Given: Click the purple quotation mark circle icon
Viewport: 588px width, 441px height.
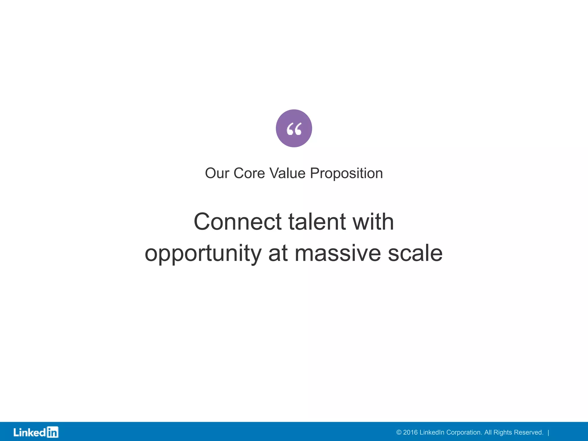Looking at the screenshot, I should click(x=294, y=128).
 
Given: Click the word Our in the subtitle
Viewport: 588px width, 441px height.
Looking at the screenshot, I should click(x=217, y=173).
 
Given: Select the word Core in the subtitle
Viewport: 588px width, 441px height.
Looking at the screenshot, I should click(x=249, y=173).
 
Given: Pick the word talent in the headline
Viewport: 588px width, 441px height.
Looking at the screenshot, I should click(x=317, y=222).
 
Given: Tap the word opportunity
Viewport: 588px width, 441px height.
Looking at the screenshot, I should click(x=203, y=254).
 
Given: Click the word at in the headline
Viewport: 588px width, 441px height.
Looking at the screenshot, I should click(x=278, y=254).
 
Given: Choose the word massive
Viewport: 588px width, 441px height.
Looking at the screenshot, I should click(x=338, y=254).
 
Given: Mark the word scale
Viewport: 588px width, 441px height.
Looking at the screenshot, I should click(x=415, y=254).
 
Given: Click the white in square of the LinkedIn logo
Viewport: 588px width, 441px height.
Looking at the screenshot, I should click(x=53, y=432).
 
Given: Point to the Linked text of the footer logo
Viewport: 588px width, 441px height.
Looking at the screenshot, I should click(x=30, y=432).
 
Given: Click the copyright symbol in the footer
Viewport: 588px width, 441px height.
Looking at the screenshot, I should click(x=399, y=432).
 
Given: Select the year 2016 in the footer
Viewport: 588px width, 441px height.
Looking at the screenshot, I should click(x=410, y=432).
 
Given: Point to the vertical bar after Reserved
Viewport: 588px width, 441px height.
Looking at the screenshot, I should click(x=548, y=432).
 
